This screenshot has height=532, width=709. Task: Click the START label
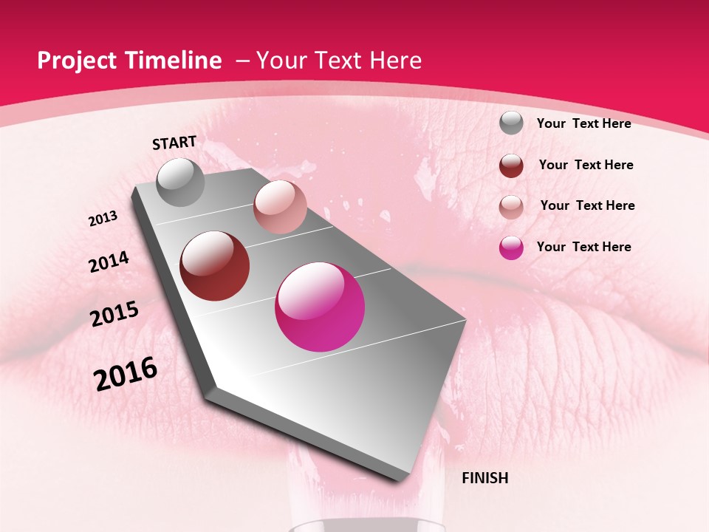174,143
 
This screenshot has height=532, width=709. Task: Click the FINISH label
484,478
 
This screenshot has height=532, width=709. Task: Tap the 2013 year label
103,219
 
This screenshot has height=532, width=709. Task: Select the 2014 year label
109,262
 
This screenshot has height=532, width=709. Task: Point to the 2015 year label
114,314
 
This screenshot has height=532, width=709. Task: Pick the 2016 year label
126,374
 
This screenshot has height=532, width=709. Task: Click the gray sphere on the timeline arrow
180,182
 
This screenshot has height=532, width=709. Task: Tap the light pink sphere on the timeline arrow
280,207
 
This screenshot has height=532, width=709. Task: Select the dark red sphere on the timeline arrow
215,266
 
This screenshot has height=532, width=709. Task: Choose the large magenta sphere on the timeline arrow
320,307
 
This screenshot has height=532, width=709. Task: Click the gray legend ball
511,123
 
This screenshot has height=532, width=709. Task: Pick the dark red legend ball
511,166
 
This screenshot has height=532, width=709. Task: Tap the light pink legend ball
511,207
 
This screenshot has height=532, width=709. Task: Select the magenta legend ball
511,248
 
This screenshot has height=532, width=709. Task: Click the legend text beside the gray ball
583,123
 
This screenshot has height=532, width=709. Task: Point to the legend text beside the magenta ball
583,247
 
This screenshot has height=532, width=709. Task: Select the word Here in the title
395,61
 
